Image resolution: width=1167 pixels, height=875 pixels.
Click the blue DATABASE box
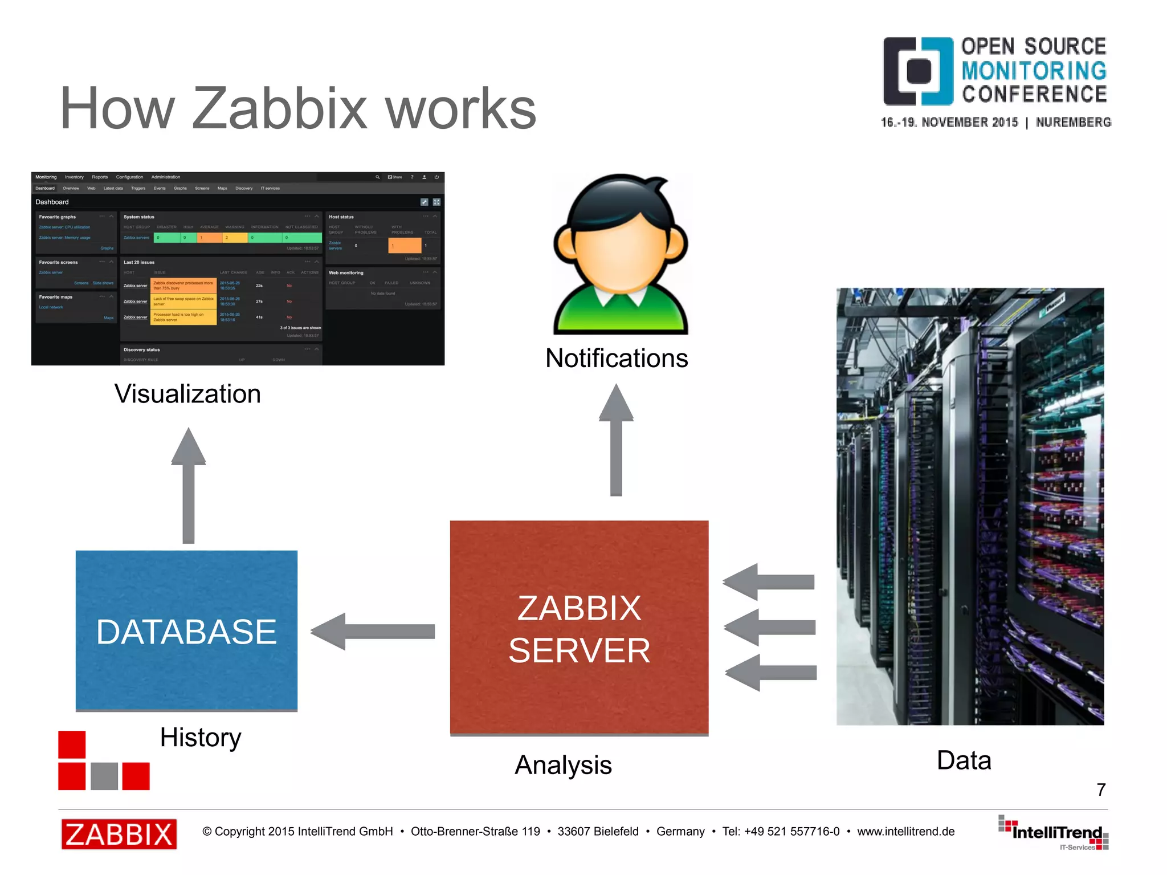coord(186,630)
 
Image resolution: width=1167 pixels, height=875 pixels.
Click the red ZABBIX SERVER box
coord(579,627)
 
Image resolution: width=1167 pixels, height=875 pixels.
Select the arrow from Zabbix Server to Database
coord(373,631)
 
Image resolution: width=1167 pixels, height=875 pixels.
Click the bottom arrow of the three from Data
coord(770,673)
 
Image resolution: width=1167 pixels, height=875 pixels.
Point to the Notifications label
coord(617,359)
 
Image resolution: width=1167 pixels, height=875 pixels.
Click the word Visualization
coord(187,394)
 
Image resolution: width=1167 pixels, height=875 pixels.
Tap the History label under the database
coord(201,738)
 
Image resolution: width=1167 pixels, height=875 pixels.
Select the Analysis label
coord(563,765)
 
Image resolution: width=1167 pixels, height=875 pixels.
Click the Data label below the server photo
coord(964,760)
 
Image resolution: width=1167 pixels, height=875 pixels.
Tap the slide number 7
coord(1101,789)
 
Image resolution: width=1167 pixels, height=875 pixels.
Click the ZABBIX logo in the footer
coord(119,834)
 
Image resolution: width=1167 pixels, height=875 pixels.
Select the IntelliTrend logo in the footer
coord(1054,833)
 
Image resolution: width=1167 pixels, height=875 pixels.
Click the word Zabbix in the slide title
coord(279,108)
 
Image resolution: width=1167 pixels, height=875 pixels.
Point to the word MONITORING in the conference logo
coord(1034,71)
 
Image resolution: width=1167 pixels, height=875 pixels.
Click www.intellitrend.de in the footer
coord(905,832)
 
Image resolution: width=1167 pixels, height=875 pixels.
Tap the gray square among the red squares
coord(104,776)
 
